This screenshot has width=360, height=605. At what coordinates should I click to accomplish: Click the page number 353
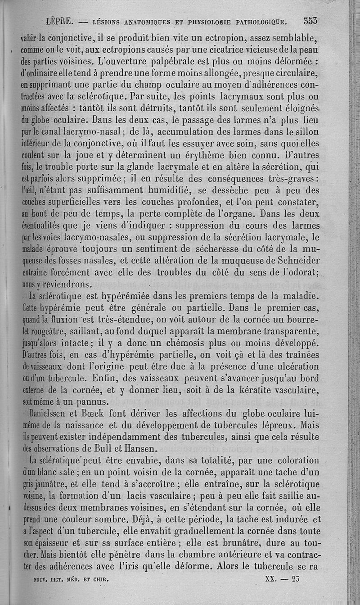click(x=310, y=21)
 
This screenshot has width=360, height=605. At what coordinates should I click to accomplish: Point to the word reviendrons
click(x=63, y=284)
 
